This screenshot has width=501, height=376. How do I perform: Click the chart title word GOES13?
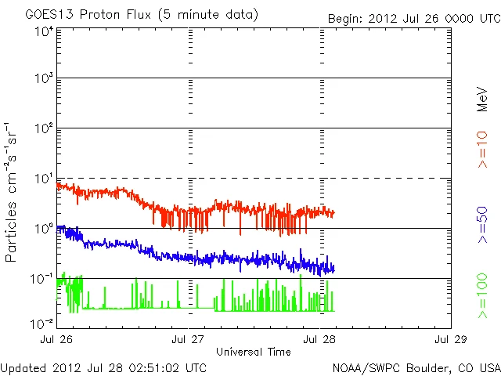click(x=48, y=15)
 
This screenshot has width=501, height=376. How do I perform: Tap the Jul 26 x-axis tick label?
click(x=57, y=340)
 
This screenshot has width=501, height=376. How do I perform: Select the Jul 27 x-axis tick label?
click(x=189, y=340)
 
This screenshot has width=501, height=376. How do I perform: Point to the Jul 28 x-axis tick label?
click(x=320, y=340)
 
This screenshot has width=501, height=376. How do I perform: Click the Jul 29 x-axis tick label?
click(x=451, y=340)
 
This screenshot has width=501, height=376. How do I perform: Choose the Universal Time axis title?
click(x=254, y=352)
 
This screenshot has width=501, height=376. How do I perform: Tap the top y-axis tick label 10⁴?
click(x=43, y=31)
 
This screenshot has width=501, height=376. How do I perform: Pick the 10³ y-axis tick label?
click(x=43, y=79)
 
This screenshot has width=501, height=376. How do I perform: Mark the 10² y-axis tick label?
click(x=43, y=129)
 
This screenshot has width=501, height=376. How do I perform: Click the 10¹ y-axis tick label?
click(x=43, y=179)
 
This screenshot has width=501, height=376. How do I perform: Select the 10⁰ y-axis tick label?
click(x=43, y=230)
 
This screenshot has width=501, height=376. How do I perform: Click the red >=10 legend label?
click(x=482, y=150)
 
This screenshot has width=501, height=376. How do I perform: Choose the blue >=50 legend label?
click(x=482, y=227)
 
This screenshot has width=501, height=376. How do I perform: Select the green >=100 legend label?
click(x=482, y=295)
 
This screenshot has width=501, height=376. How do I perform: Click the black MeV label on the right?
click(x=482, y=99)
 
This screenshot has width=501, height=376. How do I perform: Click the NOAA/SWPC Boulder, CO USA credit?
click(x=415, y=367)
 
